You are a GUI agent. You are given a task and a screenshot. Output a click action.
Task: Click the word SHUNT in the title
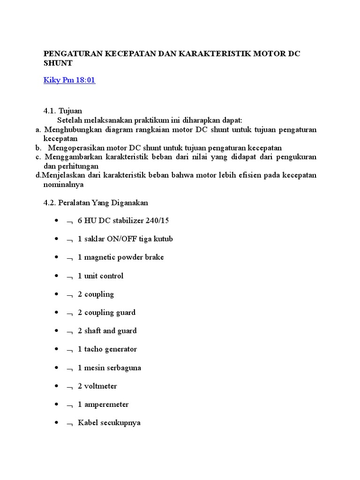pos(58,63)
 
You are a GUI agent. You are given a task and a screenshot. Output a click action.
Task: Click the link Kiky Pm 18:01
pos(69,80)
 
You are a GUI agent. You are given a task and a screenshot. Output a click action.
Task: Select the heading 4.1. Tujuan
pos(63,111)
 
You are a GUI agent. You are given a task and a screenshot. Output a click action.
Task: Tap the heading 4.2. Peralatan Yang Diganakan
pos(96,202)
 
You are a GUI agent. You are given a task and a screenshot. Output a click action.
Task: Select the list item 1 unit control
pos(100,276)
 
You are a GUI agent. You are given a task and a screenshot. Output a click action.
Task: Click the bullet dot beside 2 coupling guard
pos(57,313)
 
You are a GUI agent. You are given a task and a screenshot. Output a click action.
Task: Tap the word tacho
pos(94,349)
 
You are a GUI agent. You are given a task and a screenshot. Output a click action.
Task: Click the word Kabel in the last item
pos(87,423)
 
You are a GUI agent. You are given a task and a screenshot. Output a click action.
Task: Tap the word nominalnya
pos(63,184)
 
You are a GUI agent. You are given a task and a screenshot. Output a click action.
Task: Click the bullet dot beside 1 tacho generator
pos(57,349)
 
